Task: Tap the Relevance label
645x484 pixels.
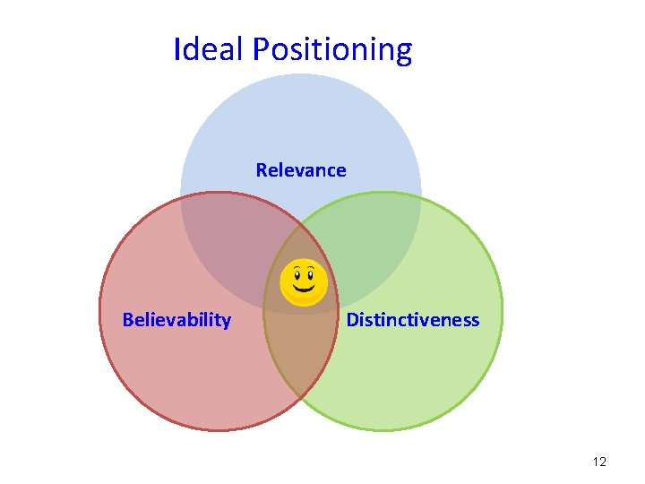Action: pos(301,169)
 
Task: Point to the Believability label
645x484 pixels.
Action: pos(176,320)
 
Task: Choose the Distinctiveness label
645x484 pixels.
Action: pos(412,320)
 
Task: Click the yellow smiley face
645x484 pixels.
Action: pos(304,282)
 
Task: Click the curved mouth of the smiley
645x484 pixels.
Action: pos(304,290)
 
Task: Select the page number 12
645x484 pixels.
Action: pos(599,462)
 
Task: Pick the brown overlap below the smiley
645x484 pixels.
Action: pos(300,359)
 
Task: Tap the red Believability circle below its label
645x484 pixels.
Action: pos(179,376)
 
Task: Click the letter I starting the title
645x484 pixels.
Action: pos(176,48)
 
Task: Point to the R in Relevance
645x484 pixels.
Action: pos(261,169)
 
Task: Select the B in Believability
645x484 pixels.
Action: pos(127,320)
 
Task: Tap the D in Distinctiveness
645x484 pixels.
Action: pos(352,320)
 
